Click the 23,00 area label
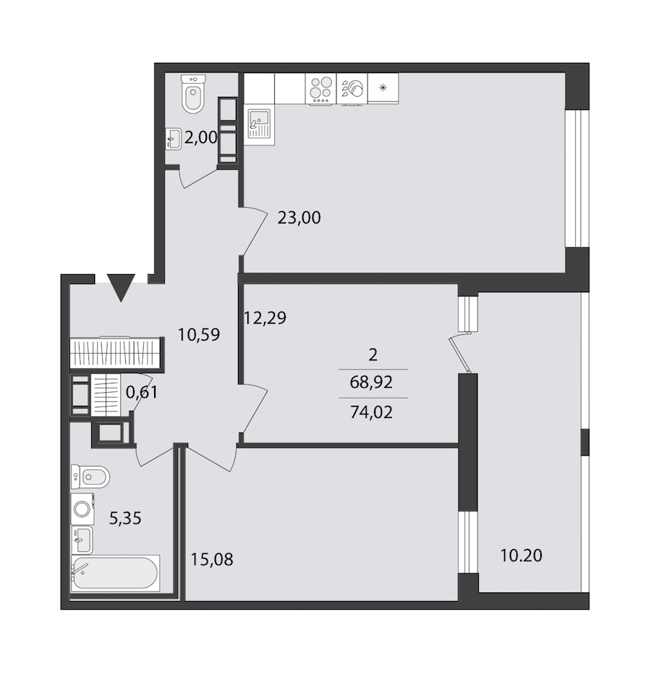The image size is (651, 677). pos(299,218)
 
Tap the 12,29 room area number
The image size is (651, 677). pos(265,318)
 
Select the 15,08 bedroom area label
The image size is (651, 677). pos(212,560)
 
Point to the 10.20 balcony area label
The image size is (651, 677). pos(521,555)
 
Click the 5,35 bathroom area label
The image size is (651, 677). pos(125,518)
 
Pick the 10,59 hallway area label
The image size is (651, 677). pos(199,335)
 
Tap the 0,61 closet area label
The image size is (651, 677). pos(142,393)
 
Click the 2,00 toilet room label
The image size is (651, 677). pos(201,137)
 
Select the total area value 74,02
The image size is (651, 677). pos(371,413)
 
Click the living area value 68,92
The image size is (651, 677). pos(371,382)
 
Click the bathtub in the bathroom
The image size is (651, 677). pos(115,574)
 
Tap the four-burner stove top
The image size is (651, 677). pos(320,88)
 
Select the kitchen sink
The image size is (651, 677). pos(259,125)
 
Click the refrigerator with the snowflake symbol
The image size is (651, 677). pos(383,88)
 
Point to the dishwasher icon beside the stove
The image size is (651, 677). pos(352,88)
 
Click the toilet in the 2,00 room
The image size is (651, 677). pos(193,94)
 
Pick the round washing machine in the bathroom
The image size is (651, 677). pos(82,509)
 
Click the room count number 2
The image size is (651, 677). pos(373,355)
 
